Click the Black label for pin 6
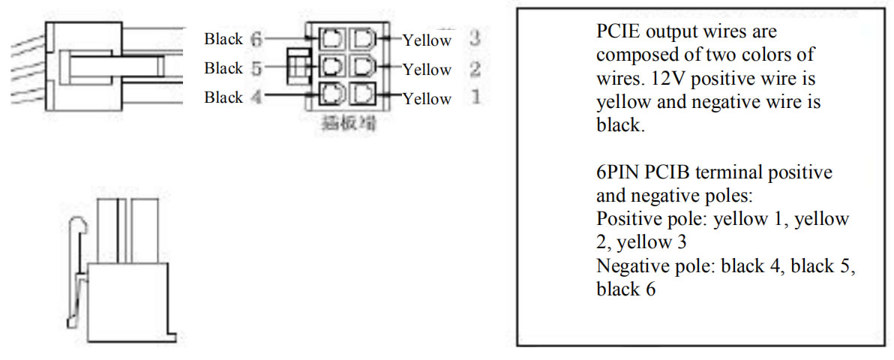[223, 39]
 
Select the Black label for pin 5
[223, 68]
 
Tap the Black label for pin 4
[223, 97]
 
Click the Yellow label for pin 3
[427, 40]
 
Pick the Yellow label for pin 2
[427, 70]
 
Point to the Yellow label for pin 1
[427, 99]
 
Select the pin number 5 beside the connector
[256, 68]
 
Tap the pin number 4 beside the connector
[256, 97]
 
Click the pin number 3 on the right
[473, 37]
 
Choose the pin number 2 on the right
[473, 69]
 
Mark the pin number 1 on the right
[473, 97]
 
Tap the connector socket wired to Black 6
[331, 38]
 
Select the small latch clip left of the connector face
[298, 66]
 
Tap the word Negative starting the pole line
[631, 265]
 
